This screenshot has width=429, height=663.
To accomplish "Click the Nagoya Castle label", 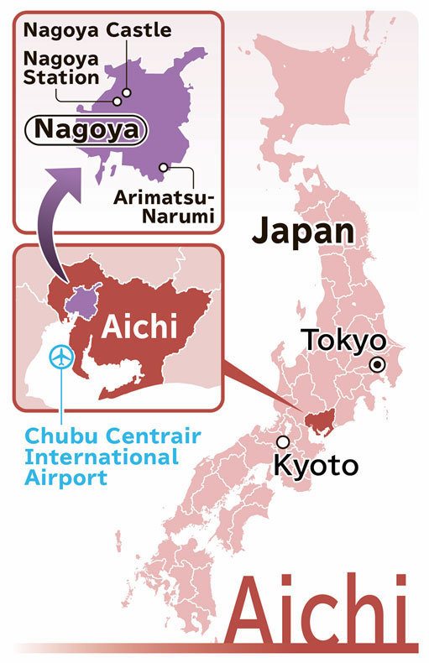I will [x=97, y=31].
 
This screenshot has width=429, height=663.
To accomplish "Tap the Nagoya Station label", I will [x=61, y=68].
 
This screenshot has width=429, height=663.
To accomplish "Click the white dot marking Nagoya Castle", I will [x=128, y=93].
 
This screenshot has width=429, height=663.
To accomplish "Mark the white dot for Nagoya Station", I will [x=118, y=102].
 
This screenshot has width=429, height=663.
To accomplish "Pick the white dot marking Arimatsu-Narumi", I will [x=167, y=167].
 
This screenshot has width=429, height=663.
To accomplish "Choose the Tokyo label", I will [x=343, y=340].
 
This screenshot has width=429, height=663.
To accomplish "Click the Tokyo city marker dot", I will [x=378, y=364].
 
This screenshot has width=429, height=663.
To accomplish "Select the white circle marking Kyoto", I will [x=283, y=441].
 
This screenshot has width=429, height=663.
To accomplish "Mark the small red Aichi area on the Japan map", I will [x=320, y=425].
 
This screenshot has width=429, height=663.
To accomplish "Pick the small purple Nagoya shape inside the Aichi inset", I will [x=84, y=298].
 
